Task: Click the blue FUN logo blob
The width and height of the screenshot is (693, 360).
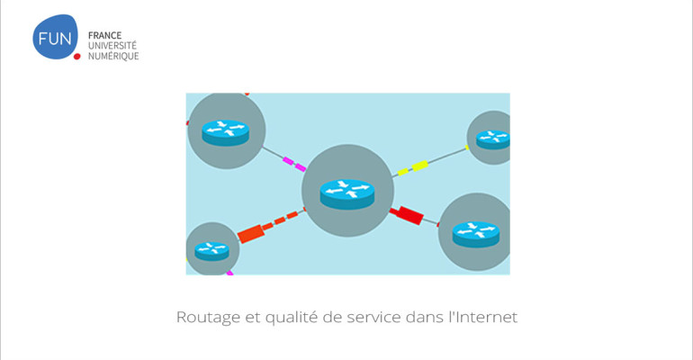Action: coord(55,37)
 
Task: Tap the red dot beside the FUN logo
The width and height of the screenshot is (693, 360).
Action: coord(76,56)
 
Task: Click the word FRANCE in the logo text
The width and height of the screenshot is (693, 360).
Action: coord(104,35)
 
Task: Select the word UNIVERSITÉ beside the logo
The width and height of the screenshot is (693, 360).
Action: coord(112,46)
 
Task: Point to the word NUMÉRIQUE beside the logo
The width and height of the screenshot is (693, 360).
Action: coord(113,56)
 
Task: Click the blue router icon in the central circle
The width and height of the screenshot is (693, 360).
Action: coord(347,193)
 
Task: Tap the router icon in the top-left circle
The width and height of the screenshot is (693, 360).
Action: coord(225,132)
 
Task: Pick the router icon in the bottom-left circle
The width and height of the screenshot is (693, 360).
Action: coord(212,251)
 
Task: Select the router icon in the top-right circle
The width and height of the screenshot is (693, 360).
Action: coord(493,139)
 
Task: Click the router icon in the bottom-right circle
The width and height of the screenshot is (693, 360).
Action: coord(476,234)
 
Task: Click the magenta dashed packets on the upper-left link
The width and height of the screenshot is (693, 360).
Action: coord(294,164)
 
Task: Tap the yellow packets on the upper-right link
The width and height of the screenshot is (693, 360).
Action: coord(413,168)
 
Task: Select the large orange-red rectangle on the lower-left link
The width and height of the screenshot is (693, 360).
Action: coord(250,234)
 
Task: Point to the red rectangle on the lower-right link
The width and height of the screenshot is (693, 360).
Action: coord(407,214)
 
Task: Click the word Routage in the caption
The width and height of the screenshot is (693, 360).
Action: coord(208,318)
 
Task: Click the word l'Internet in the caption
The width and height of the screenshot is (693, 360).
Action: coord(483,317)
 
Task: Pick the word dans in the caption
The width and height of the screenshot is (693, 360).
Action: coord(424,317)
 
